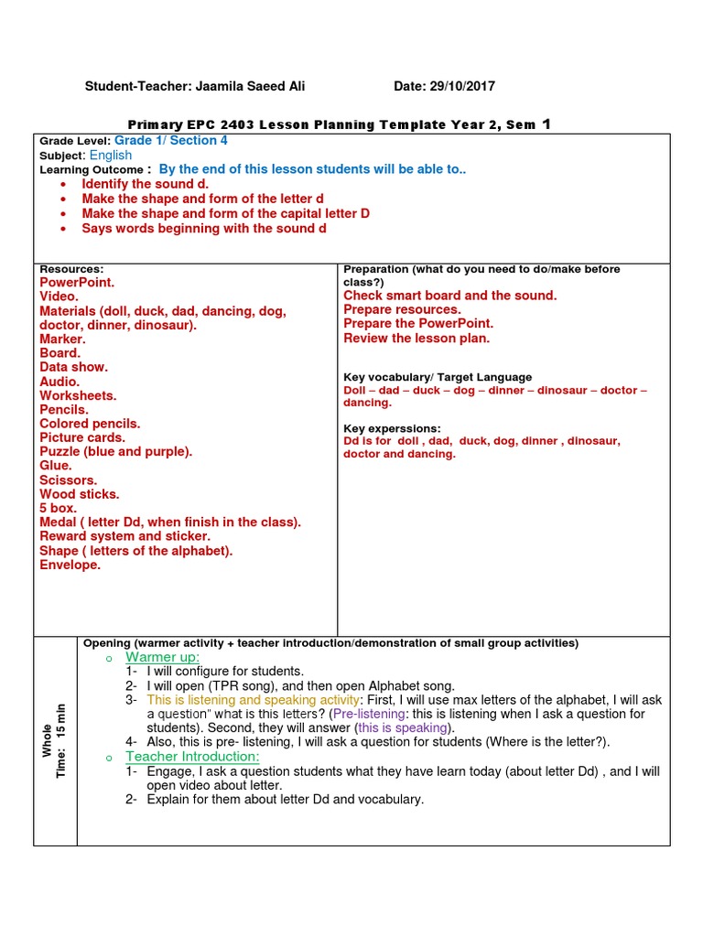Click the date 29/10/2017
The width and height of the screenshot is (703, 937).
coord(461,86)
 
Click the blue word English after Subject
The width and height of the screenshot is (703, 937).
coord(111,156)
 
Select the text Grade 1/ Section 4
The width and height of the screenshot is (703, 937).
coord(171,141)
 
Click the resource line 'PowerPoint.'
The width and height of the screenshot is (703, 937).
coord(77,283)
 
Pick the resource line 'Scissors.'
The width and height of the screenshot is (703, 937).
coord(69,480)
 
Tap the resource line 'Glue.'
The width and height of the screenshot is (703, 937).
coord(56,466)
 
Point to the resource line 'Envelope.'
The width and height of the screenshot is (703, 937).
coord(70,565)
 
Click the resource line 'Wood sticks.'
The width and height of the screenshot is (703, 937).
coord(80,494)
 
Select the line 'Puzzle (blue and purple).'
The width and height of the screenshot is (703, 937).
coord(116,452)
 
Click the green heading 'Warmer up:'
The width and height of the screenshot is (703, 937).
coord(163,658)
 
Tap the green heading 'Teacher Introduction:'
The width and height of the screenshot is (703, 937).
coord(192,757)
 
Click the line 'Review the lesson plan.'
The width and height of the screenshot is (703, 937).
coord(416,339)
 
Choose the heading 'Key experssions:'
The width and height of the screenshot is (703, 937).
coord(392,428)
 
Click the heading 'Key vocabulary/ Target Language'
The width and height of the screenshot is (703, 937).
coord(438,377)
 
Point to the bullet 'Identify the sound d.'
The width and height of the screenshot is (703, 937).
coord(146,184)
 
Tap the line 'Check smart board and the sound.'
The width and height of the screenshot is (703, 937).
coord(449,296)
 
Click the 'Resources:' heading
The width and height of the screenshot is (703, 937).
coord(71,269)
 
